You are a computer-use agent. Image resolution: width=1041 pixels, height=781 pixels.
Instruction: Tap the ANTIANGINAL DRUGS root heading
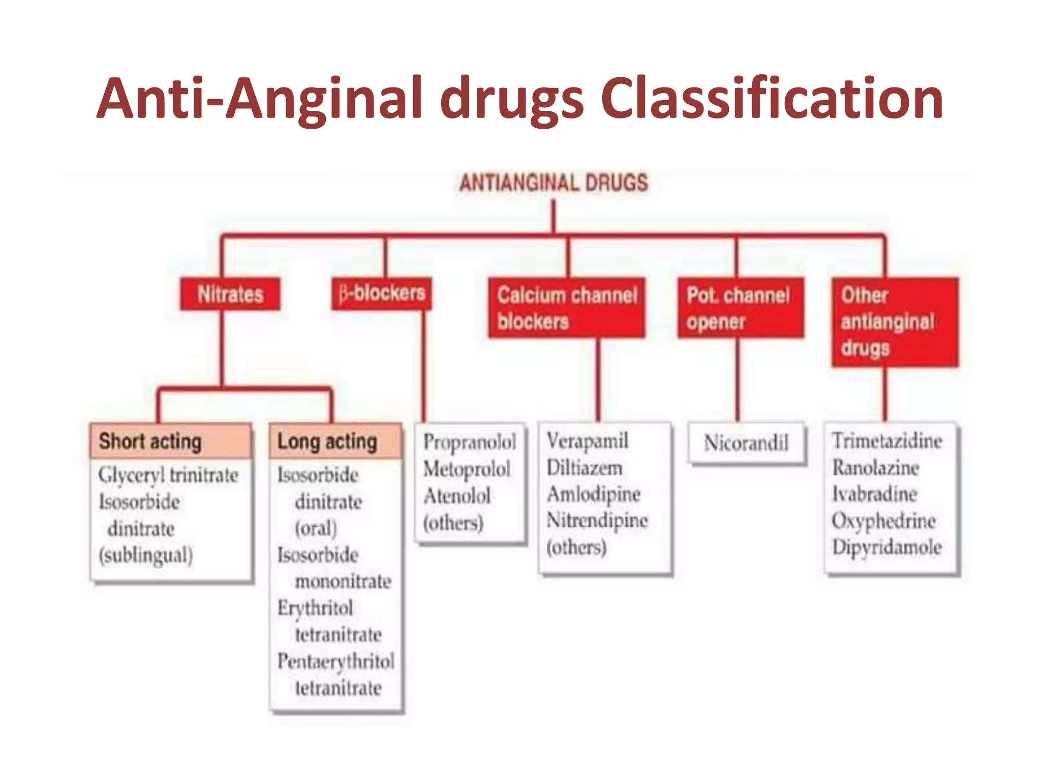point(554,183)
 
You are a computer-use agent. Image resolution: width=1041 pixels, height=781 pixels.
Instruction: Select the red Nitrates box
point(230,294)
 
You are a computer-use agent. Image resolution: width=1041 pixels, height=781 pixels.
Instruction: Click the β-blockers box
point(382,293)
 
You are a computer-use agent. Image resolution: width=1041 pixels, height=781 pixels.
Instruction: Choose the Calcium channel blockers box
point(567,308)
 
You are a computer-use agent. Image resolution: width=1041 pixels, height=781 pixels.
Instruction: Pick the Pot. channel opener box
point(741,308)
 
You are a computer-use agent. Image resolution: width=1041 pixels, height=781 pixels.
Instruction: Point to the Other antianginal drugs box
point(895,322)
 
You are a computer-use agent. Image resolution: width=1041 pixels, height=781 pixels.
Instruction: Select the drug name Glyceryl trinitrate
point(168,475)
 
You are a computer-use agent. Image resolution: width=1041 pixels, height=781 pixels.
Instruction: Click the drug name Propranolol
point(470,442)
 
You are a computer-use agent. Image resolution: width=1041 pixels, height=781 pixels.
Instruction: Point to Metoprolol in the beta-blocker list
point(467,469)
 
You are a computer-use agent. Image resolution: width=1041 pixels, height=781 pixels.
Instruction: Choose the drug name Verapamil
point(588,441)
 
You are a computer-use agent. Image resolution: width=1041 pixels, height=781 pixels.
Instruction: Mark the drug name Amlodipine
point(593,494)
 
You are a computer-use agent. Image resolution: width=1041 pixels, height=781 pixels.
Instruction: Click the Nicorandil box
point(746,443)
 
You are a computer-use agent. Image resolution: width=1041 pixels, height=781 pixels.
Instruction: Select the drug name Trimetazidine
point(887,441)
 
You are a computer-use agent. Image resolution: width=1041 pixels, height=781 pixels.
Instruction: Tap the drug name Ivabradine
point(874,494)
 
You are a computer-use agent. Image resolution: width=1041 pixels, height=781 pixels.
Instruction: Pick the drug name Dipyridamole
point(887,547)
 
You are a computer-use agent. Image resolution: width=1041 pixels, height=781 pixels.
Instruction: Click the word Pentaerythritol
point(335,662)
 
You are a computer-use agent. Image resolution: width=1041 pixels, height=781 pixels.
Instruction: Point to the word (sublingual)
point(146,555)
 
